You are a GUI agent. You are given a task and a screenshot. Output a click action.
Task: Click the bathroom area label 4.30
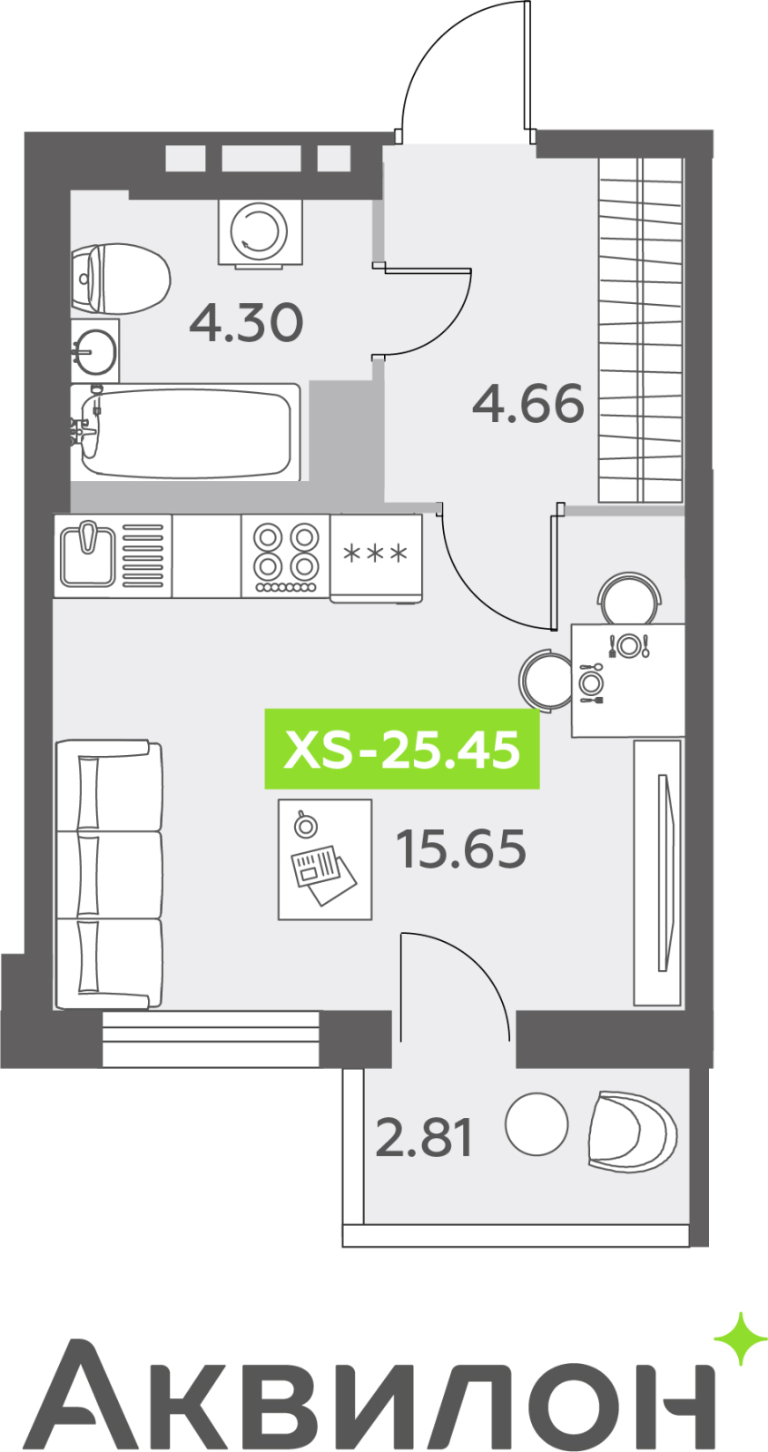pos(247,323)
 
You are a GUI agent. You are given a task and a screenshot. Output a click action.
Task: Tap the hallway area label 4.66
pos(528,403)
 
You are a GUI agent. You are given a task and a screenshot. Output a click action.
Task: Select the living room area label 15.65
pos(461,849)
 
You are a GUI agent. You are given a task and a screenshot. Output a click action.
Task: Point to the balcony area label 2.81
pos(424,1138)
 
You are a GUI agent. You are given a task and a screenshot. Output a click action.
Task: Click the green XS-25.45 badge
pos(402,750)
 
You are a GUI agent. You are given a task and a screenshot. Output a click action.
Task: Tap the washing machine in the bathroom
pos(261,232)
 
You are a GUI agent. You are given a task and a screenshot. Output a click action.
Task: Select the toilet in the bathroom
pos(120,280)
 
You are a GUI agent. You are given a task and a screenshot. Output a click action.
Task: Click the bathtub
pos(185,432)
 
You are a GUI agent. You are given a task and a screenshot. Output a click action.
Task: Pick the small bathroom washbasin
pos(94,350)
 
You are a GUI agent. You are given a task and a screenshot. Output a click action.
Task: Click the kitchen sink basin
pos(87,555)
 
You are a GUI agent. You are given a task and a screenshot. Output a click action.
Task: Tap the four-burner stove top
pos(285,556)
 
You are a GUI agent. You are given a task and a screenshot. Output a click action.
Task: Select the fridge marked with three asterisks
pos(376,558)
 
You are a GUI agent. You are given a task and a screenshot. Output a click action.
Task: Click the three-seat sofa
pos(109,876)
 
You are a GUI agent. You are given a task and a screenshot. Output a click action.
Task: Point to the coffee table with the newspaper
pos(325,859)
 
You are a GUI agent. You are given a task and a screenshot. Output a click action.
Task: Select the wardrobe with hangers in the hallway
pos(641,330)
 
